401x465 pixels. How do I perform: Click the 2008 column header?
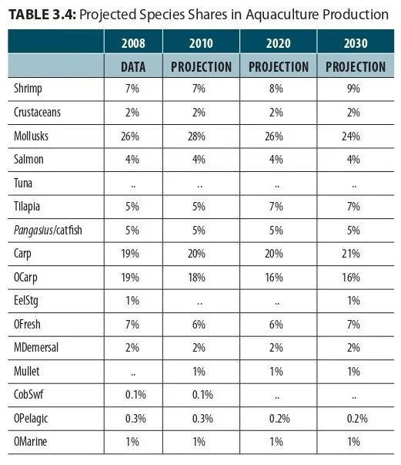click(x=133, y=43)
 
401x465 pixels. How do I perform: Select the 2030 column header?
click(x=356, y=43)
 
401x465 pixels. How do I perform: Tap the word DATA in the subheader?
click(x=133, y=67)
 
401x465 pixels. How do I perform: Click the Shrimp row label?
click(x=28, y=89)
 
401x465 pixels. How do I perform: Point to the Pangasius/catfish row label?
click(x=48, y=231)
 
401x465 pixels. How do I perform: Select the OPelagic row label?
click(x=31, y=419)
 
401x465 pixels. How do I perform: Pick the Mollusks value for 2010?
click(x=196, y=136)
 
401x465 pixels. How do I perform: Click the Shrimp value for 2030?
click(x=353, y=89)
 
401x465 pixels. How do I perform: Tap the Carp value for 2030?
click(x=351, y=254)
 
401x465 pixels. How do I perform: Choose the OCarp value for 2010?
click(x=196, y=278)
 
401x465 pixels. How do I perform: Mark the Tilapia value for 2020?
click(x=276, y=207)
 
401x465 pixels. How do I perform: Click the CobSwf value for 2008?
click(x=135, y=395)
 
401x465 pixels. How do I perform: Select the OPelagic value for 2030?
click(x=357, y=419)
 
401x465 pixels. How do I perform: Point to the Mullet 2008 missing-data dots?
click(x=133, y=374)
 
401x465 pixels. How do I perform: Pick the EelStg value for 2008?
click(x=132, y=301)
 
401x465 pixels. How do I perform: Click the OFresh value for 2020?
click(x=276, y=325)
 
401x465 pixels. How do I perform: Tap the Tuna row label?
click(x=23, y=183)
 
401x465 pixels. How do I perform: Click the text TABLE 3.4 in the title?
click(x=42, y=15)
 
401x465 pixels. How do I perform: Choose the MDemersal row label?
click(x=36, y=348)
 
